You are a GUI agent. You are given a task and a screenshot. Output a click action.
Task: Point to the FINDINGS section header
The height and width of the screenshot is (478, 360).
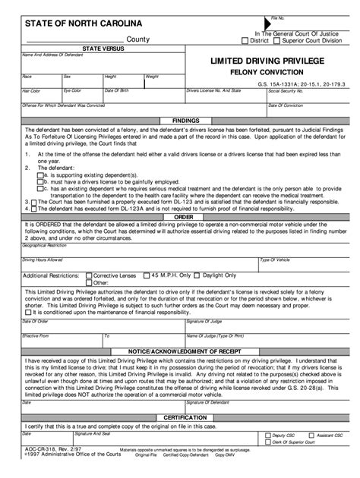[186, 121]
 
